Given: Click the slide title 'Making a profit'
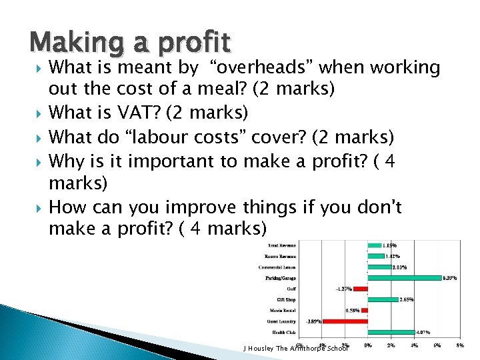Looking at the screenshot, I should (130, 43).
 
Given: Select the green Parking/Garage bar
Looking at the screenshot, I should (404, 277).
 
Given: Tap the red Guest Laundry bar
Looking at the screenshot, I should (345, 321).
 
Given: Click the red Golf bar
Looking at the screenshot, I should (360, 289).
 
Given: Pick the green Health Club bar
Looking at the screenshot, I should (392, 331).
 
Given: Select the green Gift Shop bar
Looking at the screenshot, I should (383, 299).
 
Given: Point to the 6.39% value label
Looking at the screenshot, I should (451, 278).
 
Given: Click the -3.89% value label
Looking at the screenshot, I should (313, 321).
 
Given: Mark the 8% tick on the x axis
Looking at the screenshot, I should (459, 345).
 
